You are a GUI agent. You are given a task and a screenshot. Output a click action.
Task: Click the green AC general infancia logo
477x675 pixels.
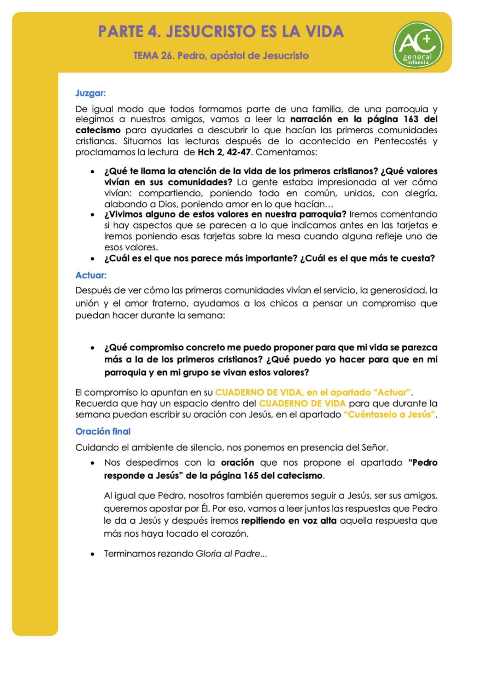pyautogui.click(x=418, y=45)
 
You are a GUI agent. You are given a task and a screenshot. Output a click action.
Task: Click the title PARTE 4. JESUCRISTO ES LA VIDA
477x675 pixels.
pyautogui.click(x=221, y=32)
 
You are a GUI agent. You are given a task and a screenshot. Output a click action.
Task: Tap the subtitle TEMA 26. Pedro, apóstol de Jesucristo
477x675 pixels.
pyautogui.click(x=221, y=56)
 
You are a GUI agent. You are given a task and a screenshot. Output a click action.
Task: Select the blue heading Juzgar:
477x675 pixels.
pyautogui.click(x=90, y=93)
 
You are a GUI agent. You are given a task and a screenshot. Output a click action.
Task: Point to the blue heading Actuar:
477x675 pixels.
pyautogui.click(x=91, y=275)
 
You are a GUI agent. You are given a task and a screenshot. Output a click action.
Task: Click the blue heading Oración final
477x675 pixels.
pyautogui.click(x=103, y=431)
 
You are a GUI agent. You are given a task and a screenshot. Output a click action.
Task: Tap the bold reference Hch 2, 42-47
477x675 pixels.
pyautogui.click(x=224, y=152)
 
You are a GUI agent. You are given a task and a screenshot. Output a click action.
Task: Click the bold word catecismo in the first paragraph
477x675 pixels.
pyautogui.click(x=98, y=130)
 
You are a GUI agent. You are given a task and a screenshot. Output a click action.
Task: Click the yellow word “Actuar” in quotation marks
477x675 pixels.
pyautogui.click(x=392, y=393)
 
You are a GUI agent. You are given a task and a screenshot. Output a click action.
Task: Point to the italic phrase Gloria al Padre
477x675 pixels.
pyautogui.click(x=228, y=554)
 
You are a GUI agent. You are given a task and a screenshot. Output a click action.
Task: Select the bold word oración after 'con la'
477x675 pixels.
pyautogui.click(x=237, y=463)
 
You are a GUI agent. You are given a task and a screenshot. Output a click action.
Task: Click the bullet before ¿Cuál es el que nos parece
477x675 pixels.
pyautogui.click(x=92, y=259)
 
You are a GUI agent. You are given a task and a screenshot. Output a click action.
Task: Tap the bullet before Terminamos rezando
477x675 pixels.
pyautogui.click(x=92, y=554)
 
